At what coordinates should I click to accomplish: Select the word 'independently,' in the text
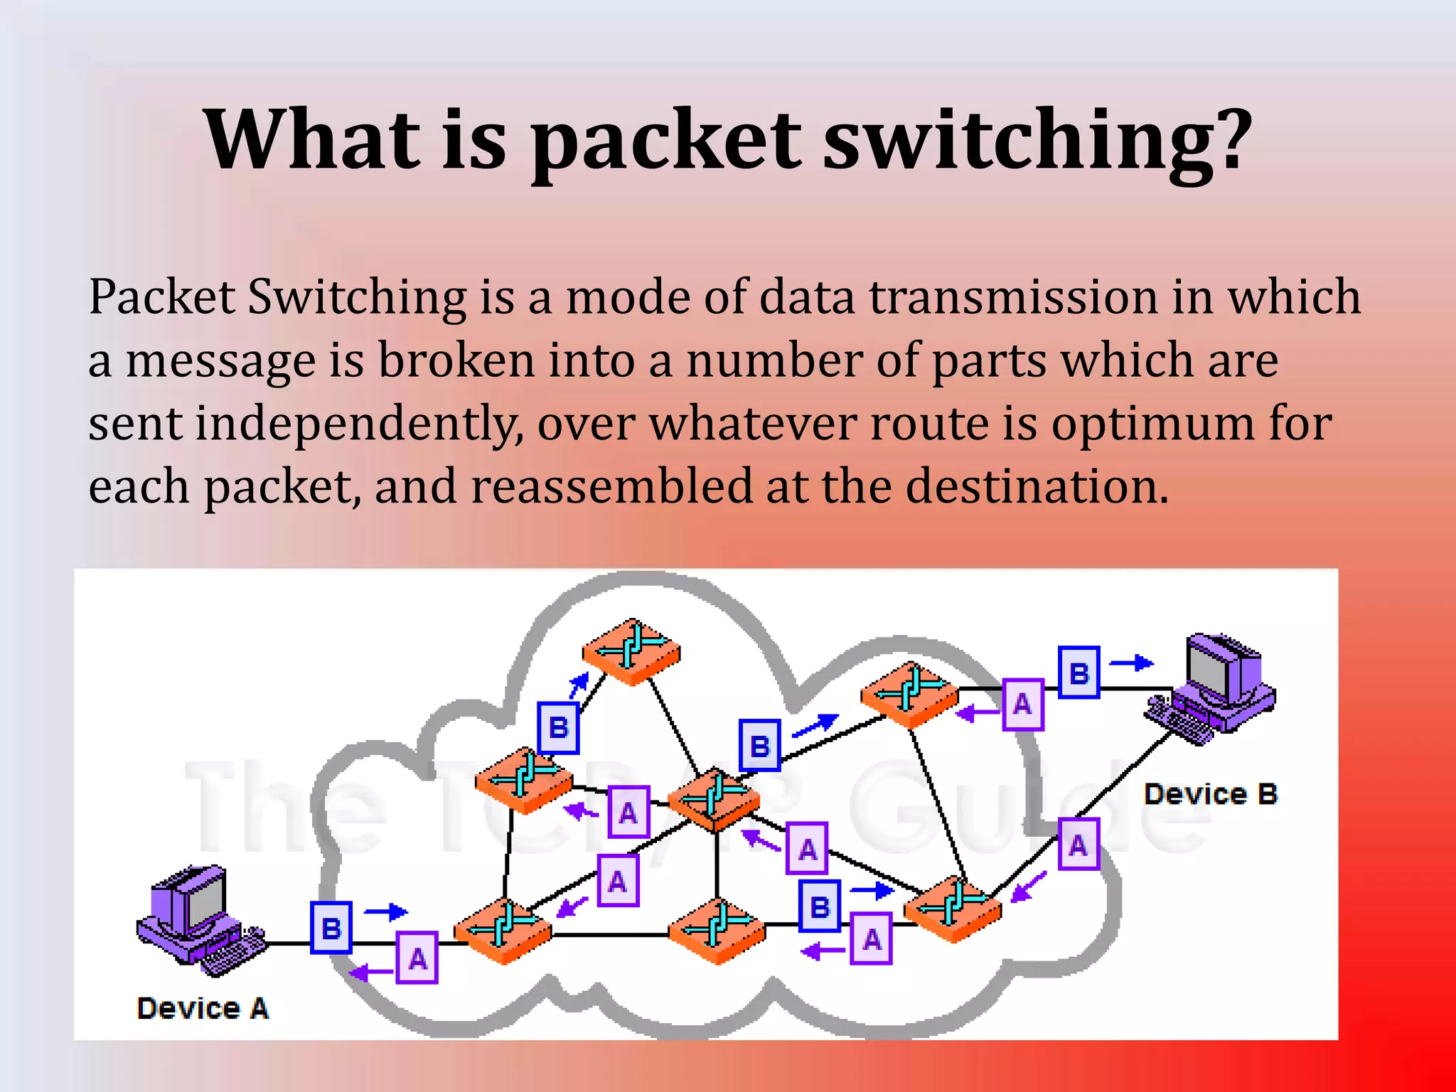point(360,424)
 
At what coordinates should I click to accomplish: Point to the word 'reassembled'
point(611,487)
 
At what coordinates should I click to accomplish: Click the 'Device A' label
point(203,1008)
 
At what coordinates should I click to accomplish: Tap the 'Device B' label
point(1210,793)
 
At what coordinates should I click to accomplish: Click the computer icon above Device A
point(199,917)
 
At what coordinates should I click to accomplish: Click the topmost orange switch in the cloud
point(631,651)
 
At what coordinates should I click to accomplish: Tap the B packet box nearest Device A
point(331,927)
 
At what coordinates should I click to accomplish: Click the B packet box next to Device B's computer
point(1078,673)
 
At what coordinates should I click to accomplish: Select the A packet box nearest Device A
point(417,958)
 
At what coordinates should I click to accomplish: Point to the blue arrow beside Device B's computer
point(1132,663)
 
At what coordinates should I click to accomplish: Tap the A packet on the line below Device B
point(1078,845)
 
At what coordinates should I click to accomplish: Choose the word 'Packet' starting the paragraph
point(161,297)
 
